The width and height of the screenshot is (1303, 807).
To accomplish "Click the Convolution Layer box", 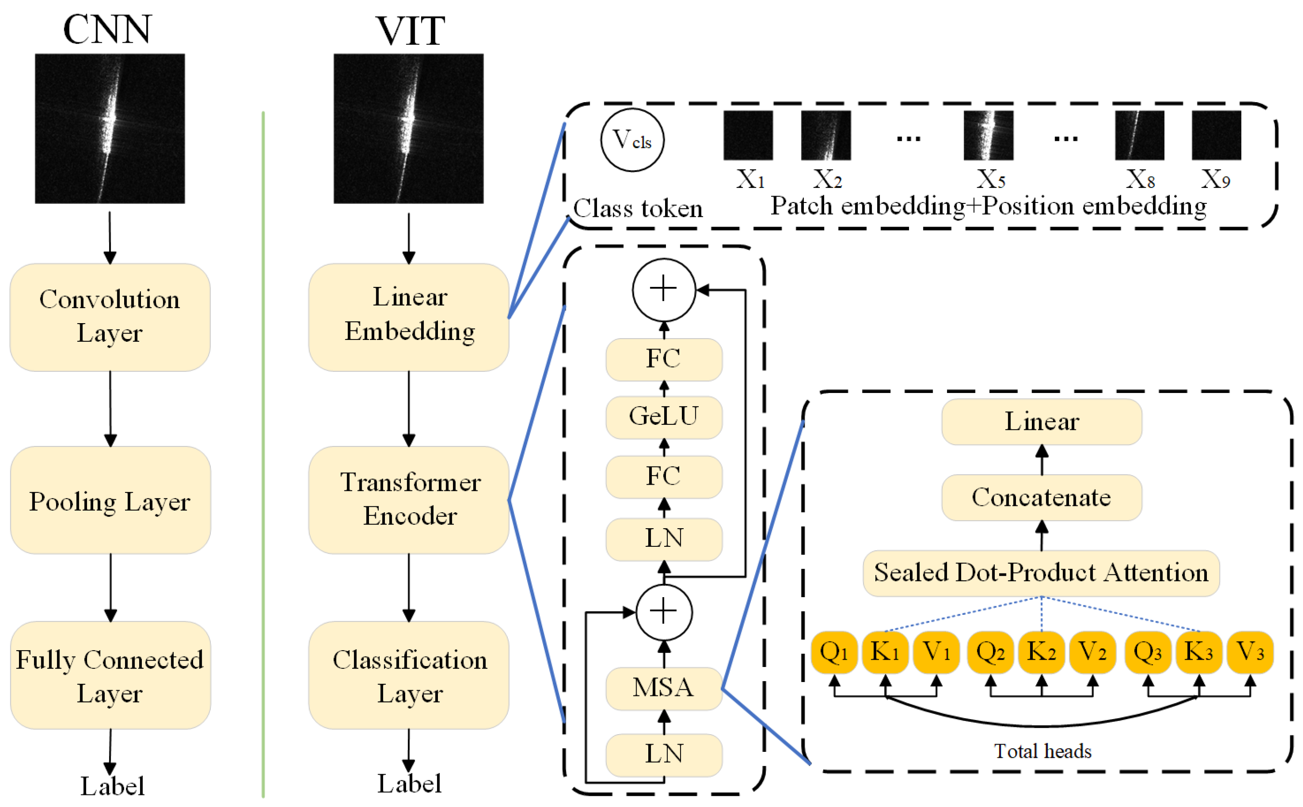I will pyautogui.click(x=110, y=317).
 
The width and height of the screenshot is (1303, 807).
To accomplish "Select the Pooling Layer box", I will pyautogui.click(x=110, y=500).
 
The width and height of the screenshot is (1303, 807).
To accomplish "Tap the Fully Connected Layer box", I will pyautogui.click(x=110, y=675).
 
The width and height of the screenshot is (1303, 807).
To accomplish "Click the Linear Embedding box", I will pyautogui.click(x=409, y=317).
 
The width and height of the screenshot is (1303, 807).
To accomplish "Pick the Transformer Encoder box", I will pyautogui.click(x=409, y=500).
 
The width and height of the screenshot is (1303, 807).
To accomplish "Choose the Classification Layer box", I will pyautogui.click(x=409, y=675).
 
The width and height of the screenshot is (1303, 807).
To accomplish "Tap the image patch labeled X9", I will pyautogui.click(x=1216, y=135).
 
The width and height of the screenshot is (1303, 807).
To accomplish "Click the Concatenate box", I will pyautogui.click(x=1041, y=498).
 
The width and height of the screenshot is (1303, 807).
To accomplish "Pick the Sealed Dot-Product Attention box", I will pyautogui.click(x=1041, y=573).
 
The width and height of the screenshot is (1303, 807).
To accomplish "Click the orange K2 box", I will pyautogui.click(x=1041, y=652).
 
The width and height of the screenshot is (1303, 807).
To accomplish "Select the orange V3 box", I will pyautogui.click(x=1250, y=652).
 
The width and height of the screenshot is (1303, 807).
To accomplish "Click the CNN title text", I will pyautogui.click(x=108, y=29).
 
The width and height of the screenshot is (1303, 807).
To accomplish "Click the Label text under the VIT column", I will pyautogui.click(x=409, y=784).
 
